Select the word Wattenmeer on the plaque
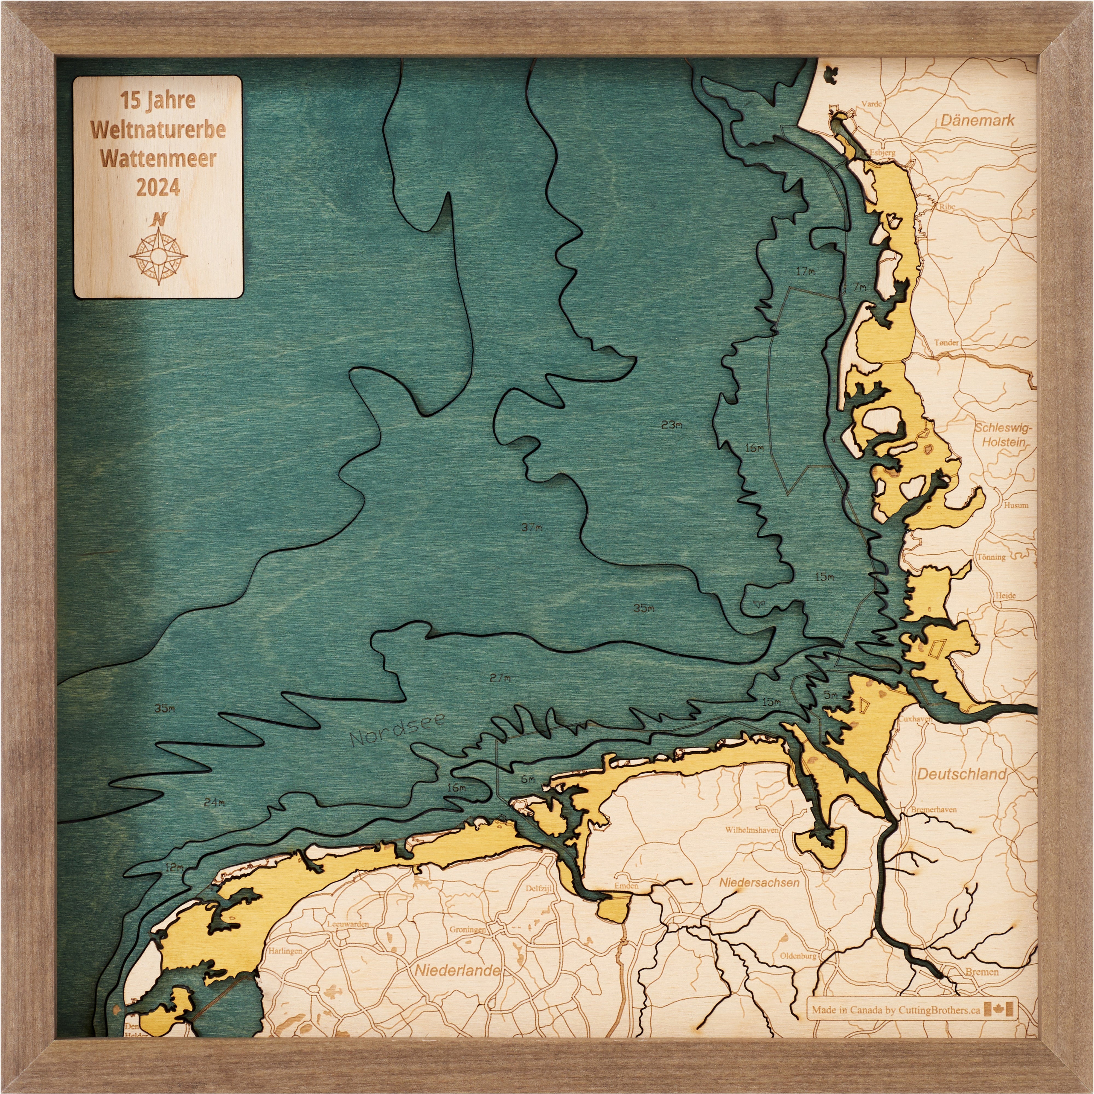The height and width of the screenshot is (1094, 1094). click(158, 159)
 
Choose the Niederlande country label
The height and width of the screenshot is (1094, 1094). click(458, 971)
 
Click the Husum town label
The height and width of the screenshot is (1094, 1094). click(1016, 505)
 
